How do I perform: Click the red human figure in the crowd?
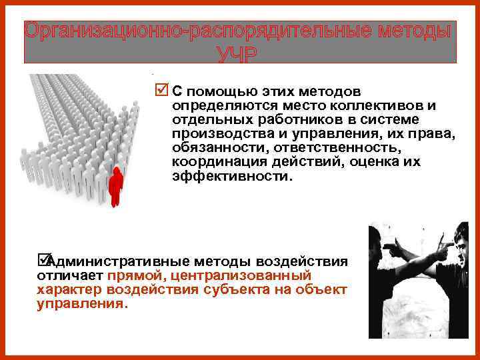click(x=117, y=185)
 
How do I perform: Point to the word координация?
click(x=211, y=164)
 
